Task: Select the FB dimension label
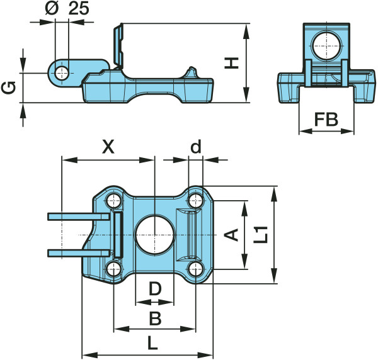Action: [326, 120]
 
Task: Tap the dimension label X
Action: [108, 147]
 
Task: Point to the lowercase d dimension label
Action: [196, 147]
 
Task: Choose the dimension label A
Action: [232, 235]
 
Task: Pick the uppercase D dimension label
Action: [154, 290]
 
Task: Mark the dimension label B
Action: [154, 318]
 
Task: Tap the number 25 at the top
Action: [77, 9]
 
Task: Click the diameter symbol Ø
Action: [53, 9]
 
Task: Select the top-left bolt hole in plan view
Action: [113, 201]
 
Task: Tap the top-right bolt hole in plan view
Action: [196, 201]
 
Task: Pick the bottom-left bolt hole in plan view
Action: [113, 269]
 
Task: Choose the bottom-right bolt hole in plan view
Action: [196, 269]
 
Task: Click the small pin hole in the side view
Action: [61, 72]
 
